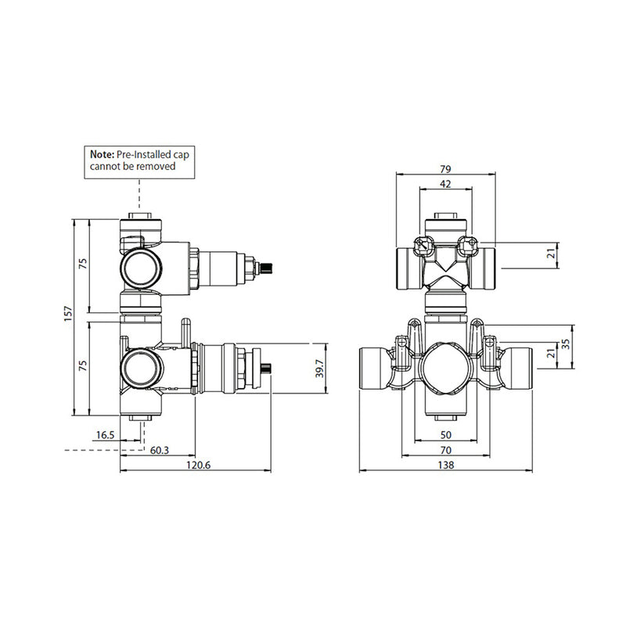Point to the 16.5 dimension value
click(105, 434)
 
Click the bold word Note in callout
click(102, 156)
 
